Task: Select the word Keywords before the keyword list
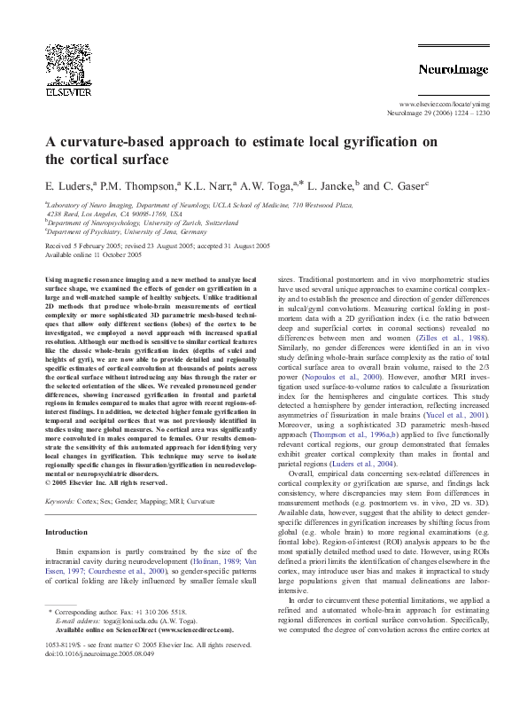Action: [60, 502]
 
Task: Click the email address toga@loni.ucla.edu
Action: [125, 622]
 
